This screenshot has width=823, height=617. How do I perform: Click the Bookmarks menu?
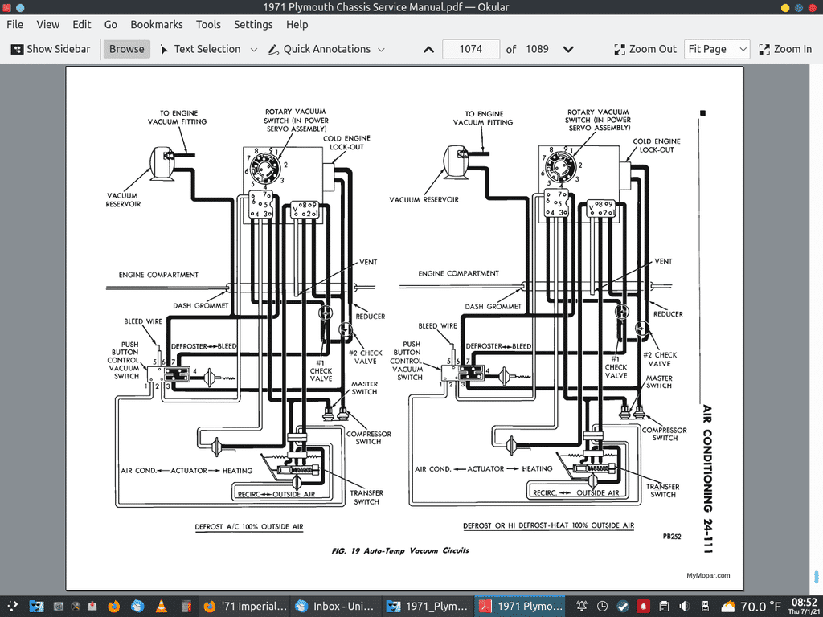156,25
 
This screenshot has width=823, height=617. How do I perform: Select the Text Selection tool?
207,49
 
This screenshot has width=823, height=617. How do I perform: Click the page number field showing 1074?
470,49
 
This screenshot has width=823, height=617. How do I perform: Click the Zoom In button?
785,49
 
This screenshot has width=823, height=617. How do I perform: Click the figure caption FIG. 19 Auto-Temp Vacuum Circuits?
399,551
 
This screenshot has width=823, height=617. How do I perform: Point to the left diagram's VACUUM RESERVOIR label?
123,200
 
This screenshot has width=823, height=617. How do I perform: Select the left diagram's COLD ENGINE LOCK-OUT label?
346,142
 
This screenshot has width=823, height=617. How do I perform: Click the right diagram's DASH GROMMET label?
493,306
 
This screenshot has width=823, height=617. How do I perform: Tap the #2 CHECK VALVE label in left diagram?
365,358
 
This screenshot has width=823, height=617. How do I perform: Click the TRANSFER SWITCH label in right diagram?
663,490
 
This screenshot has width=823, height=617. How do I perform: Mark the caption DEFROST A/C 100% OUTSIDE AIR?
248,527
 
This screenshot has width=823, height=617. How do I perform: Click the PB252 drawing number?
672,537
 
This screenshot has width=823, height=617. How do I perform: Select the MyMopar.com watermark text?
708,575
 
